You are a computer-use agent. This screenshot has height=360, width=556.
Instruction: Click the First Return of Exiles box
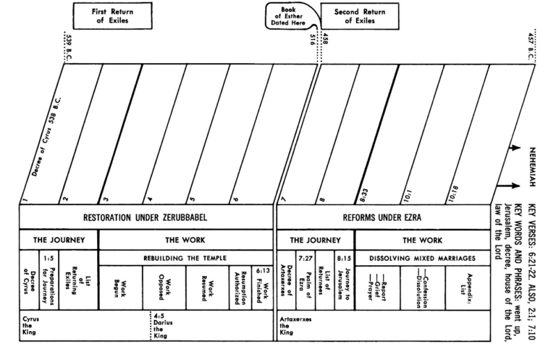(112, 16)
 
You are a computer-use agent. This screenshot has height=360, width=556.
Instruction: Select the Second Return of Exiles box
(360, 16)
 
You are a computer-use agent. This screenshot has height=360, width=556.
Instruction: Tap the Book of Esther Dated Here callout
(288, 16)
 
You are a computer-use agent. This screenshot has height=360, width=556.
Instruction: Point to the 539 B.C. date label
(69, 48)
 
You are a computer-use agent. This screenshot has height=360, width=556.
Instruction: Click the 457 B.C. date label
(531, 46)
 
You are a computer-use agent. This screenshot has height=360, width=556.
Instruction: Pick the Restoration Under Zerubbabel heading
(145, 217)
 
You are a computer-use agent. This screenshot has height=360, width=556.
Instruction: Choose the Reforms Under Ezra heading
(382, 217)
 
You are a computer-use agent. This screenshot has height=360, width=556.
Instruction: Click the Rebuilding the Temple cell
(185, 258)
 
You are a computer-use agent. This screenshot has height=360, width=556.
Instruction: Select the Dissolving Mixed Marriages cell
(422, 258)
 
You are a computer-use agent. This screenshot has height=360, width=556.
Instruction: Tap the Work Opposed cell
(164, 288)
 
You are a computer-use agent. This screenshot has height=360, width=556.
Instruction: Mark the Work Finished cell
(262, 288)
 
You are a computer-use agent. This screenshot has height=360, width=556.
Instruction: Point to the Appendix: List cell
(468, 288)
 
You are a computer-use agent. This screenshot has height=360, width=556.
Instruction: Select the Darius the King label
(163, 325)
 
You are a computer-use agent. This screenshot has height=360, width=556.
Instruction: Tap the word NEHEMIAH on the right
(532, 167)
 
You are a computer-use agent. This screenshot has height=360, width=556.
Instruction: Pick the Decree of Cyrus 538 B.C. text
(46, 137)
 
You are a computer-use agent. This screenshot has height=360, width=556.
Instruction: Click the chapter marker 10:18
(453, 194)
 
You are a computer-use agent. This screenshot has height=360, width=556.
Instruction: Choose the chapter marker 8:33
(363, 195)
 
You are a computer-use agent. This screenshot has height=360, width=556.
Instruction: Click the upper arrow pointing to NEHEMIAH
(514, 148)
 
